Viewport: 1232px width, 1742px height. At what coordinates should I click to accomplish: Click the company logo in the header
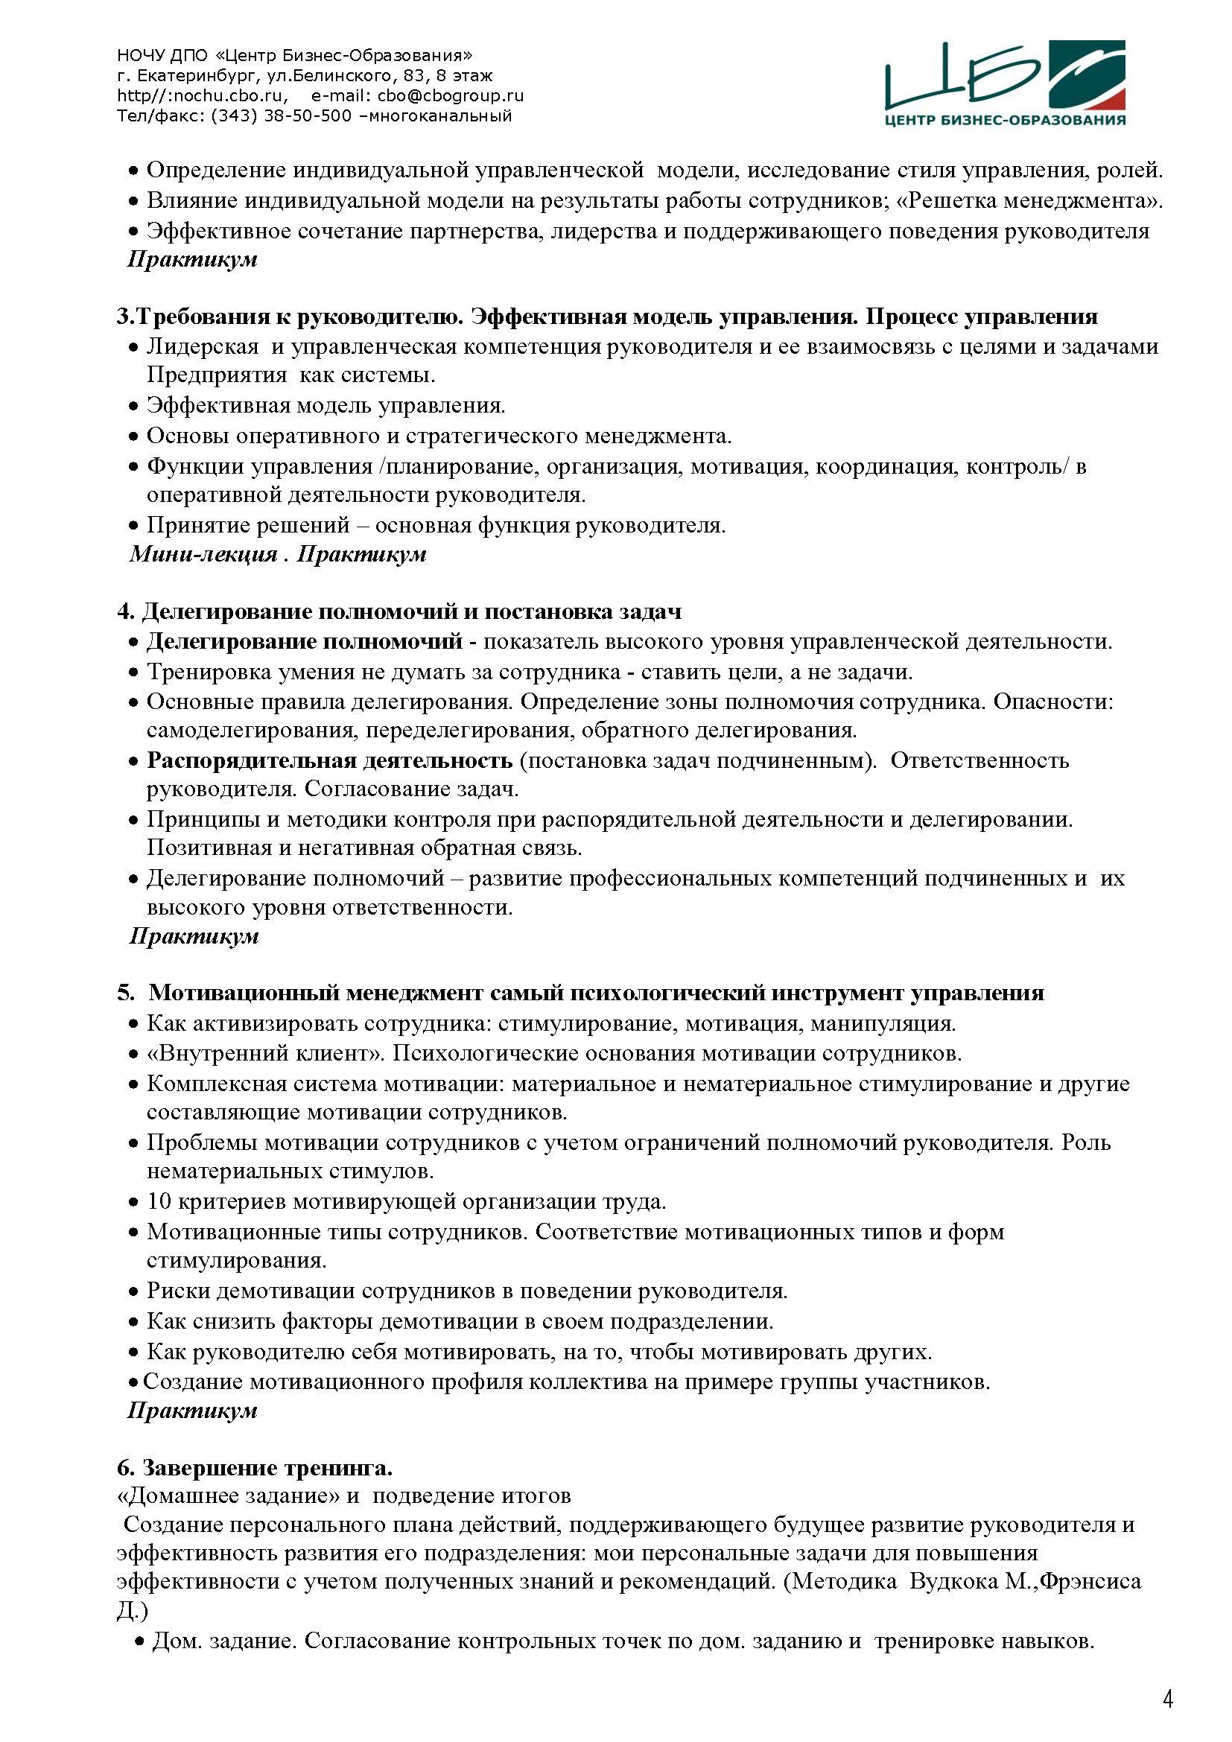tap(1004, 83)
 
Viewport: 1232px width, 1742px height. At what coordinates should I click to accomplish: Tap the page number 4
tap(1167, 1700)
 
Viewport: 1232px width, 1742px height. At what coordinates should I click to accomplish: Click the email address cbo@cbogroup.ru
tap(451, 95)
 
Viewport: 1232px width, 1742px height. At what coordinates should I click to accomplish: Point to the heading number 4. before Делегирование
tap(126, 611)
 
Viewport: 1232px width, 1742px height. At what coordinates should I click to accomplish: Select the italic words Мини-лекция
tap(203, 554)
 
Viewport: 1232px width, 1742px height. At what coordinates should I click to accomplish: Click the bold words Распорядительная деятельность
tap(329, 760)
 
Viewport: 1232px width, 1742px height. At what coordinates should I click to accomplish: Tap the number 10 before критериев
tap(159, 1201)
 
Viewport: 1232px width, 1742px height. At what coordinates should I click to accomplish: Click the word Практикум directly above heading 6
tap(193, 1411)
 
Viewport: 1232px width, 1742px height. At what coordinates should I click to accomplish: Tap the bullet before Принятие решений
tap(133, 526)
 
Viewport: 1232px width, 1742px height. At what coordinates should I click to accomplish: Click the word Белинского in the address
tap(340, 76)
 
